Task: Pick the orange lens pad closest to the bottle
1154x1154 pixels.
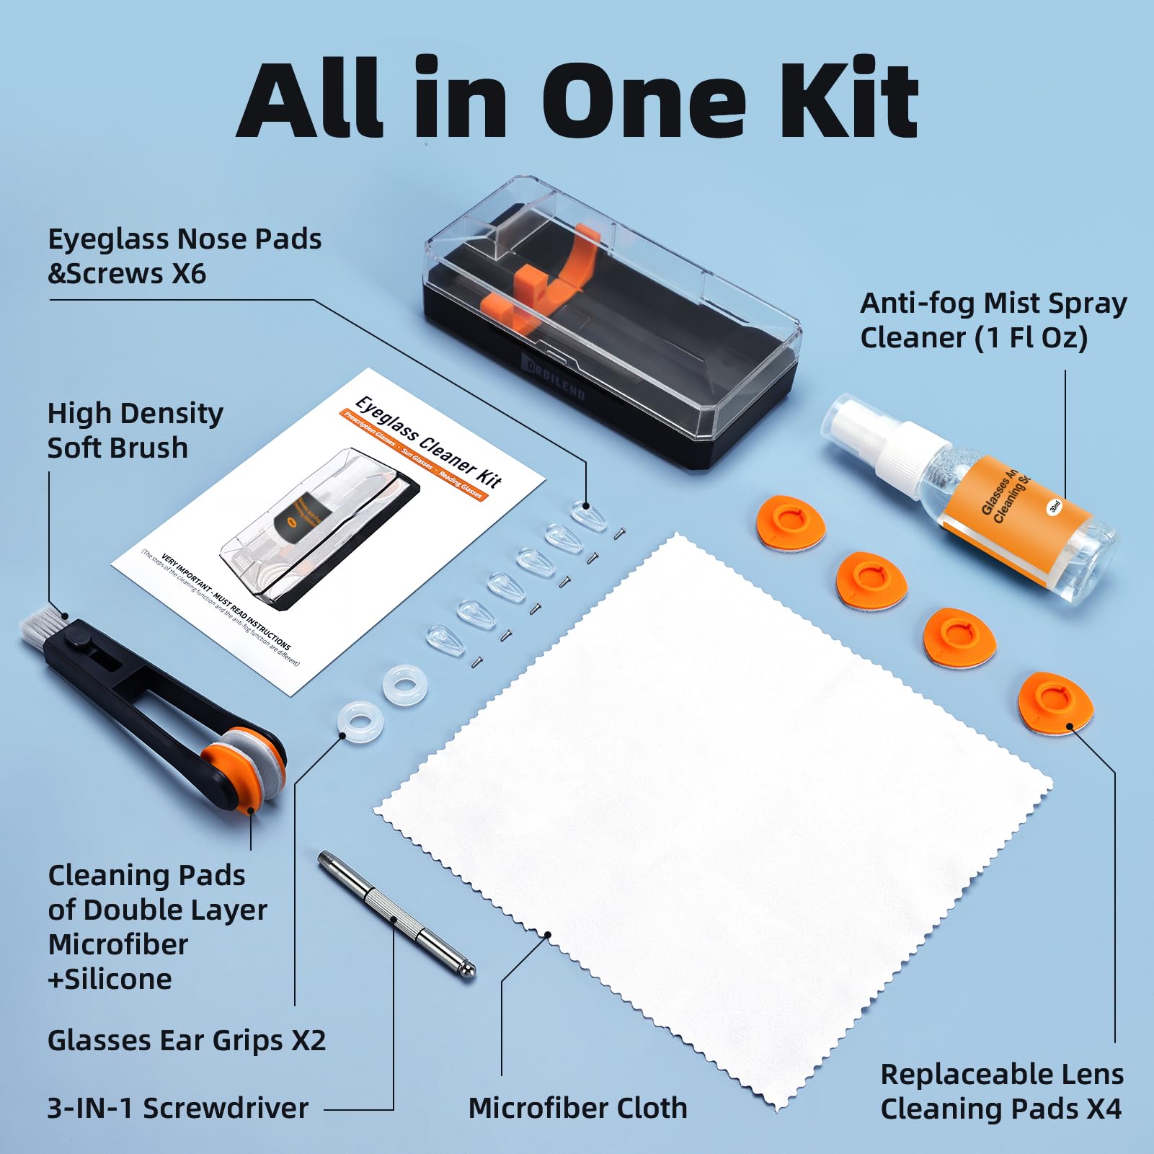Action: click(789, 520)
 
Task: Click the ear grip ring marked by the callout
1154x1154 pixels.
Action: click(360, 721)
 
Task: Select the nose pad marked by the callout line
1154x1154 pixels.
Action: click(588, 516)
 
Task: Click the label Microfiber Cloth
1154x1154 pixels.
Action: click(577, 1108)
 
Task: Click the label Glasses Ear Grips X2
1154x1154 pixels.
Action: click(187, 1040)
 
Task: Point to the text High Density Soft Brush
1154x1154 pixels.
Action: click(135, 430)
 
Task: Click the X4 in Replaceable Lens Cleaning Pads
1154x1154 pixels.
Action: click(1103, 1109)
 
